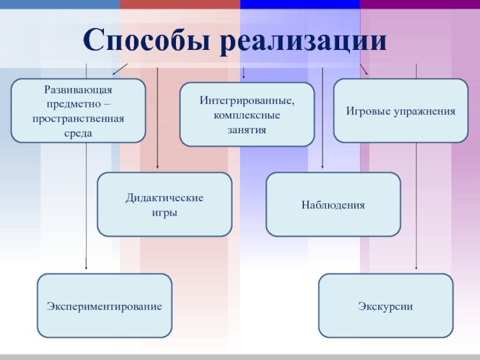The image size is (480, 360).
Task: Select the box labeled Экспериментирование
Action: [104, 306]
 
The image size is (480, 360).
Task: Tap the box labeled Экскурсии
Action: [386, 306]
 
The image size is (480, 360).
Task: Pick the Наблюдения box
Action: [333, 205]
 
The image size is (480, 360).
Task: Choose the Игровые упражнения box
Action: [400, 111]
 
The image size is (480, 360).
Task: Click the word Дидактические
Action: [164, 198]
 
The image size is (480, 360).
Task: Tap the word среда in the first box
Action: [78, 133]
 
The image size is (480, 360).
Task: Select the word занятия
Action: [247, 129]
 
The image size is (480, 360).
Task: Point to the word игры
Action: [164, 213]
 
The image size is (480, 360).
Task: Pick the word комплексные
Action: [247, 115]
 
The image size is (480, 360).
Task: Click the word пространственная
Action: [78, 118]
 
